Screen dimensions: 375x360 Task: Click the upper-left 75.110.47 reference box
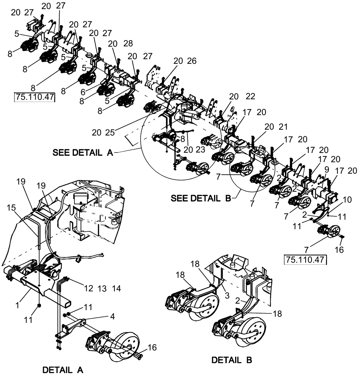34,97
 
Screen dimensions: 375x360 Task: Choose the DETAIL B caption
231,360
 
